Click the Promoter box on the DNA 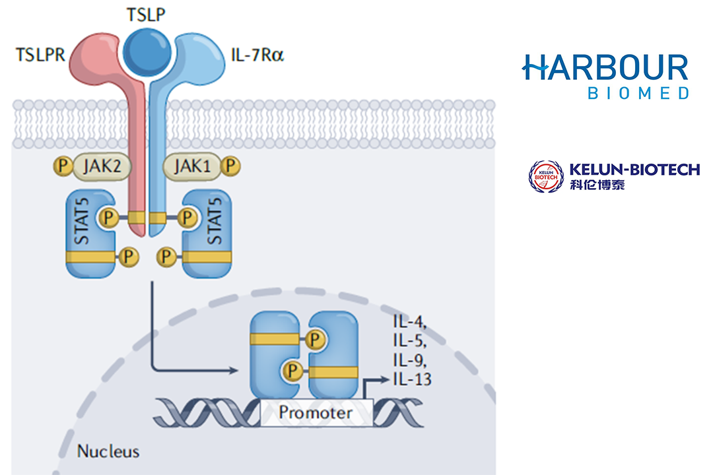(316, 414)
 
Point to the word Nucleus (108, 452)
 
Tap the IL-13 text (413, 379)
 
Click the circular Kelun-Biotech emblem (546, 176)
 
